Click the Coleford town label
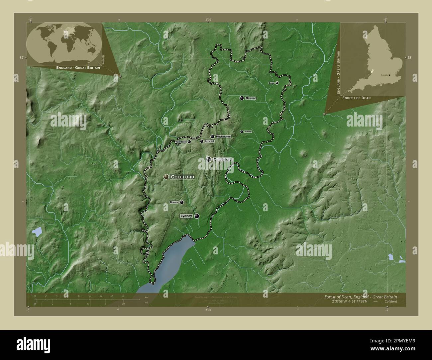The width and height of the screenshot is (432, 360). click(x=182, y=177)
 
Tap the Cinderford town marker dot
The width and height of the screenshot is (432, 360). click(x=208, y=159)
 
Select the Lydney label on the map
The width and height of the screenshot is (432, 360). click(x=186, y=216)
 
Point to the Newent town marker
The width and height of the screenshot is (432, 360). click(x=242, y=98)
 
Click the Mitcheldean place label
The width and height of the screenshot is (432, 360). click(x=223, y=136)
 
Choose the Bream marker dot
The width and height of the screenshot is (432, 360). click(x=182, y=202)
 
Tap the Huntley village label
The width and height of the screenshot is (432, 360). click(x=248, y=132)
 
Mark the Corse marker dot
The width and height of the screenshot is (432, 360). click(x=277, y=83)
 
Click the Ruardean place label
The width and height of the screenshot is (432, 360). click(x=181, y=142)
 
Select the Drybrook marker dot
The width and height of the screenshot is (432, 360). click(x=201, y=141)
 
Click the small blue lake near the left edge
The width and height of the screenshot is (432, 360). click(x=37, y=231)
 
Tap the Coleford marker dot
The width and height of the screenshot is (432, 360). click(x=166, y=177)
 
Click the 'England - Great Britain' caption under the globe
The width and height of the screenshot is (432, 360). click(x=78, y=67)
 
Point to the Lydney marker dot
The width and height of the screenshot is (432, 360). click(x=197, y=216)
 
